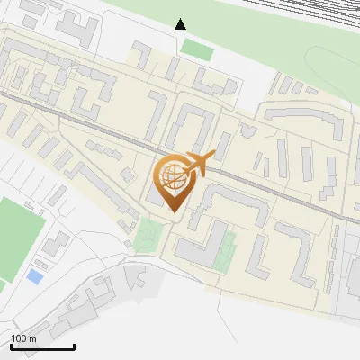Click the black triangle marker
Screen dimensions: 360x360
point(181,23)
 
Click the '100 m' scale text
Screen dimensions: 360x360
point(24,337)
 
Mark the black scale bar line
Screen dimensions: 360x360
point(42,346)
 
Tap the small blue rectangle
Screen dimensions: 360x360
point(34,276)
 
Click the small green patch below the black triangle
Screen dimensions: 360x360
point(197,49)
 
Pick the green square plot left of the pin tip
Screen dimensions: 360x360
point(150,235)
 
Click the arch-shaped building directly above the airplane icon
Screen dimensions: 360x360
point(191,122)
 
